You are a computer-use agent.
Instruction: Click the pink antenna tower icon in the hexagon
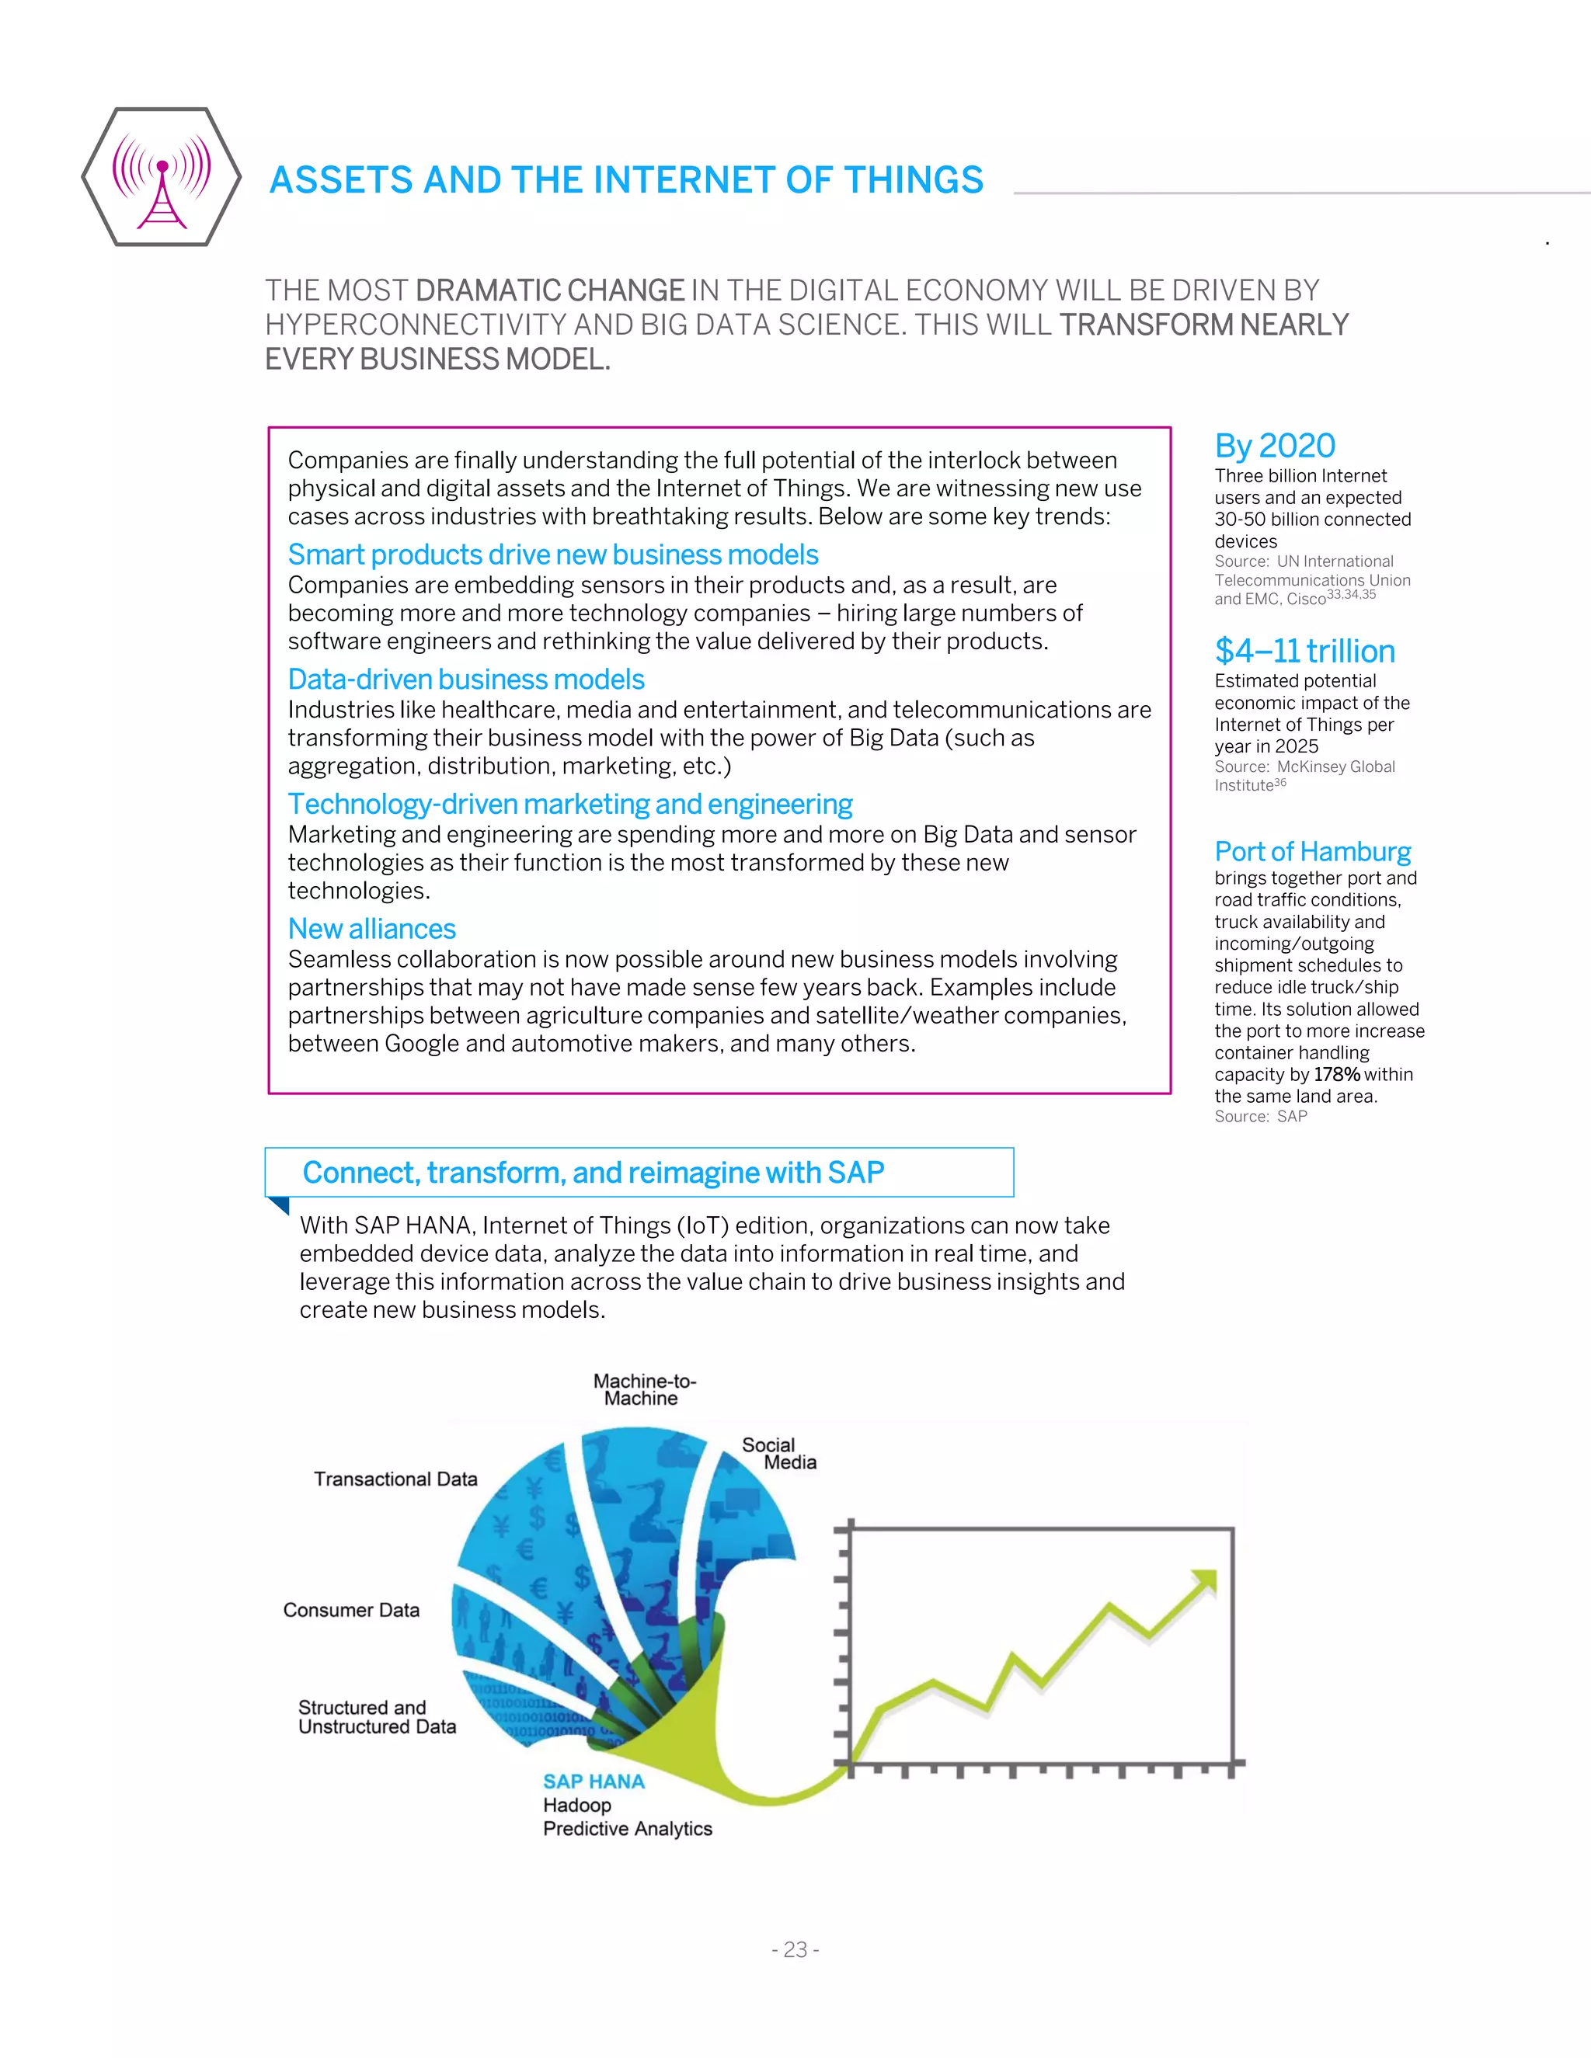[162, 179]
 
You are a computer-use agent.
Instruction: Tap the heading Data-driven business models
[465, 679]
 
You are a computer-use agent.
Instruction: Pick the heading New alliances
[371, 928]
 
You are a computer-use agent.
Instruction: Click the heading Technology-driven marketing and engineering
[569, 804]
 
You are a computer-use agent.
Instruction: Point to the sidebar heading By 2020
[1274, 445]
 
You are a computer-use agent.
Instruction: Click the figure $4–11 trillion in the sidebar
[1304, 650]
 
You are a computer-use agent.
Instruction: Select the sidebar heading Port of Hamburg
[1312, 851]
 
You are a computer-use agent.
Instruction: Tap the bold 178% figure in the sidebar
[1336, 1074]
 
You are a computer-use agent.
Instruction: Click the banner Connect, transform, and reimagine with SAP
[593, 1172]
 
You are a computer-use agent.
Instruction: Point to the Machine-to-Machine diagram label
[644, 1389]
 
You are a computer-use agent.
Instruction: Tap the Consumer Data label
[350, 1609]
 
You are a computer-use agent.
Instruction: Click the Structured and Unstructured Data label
[376, 1717]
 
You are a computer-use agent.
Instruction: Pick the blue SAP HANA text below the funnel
[593, 1781]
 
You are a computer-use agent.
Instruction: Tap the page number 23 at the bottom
[795, 1948]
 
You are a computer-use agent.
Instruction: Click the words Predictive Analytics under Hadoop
[627, 1828]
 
